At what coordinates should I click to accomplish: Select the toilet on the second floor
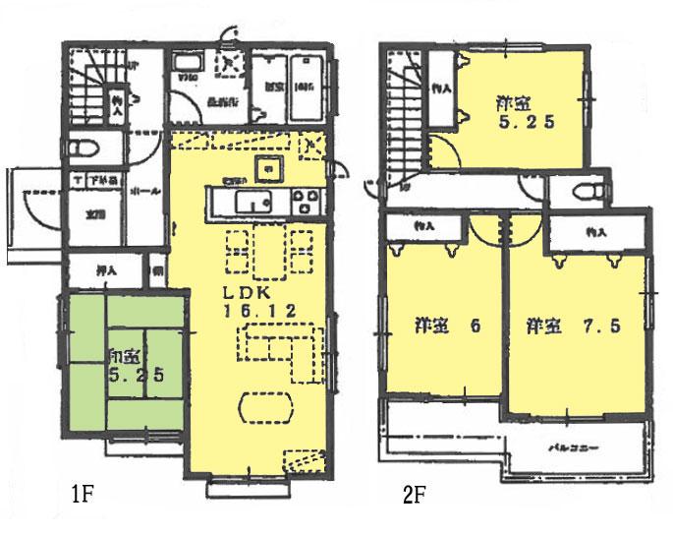[588, 190]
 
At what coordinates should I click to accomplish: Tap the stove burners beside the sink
[299, 204]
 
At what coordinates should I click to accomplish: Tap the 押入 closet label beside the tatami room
[107, 269]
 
